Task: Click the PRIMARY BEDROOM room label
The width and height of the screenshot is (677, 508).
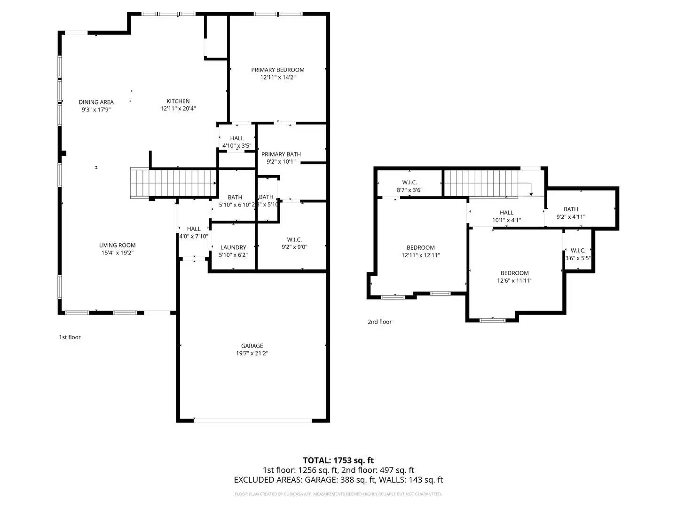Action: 277,70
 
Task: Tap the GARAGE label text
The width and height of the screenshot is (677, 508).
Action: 252,346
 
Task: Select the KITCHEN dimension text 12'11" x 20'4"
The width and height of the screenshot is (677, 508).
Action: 178,109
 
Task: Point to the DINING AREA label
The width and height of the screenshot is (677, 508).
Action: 96,102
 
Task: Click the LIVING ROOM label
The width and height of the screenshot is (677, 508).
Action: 117,245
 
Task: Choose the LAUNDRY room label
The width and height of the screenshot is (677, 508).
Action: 233,247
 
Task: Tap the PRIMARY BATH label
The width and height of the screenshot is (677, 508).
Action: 281,154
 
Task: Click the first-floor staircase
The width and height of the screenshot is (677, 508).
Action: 174,183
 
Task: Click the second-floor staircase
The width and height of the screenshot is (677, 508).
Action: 480,183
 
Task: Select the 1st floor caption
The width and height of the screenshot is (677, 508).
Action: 70,337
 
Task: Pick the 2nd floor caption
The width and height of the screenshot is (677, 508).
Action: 379,322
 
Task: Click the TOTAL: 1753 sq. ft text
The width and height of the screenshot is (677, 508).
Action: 338,460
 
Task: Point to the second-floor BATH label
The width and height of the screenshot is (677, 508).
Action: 571,209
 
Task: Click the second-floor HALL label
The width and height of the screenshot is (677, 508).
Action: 506,213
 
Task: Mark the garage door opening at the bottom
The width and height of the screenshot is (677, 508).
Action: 253,421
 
